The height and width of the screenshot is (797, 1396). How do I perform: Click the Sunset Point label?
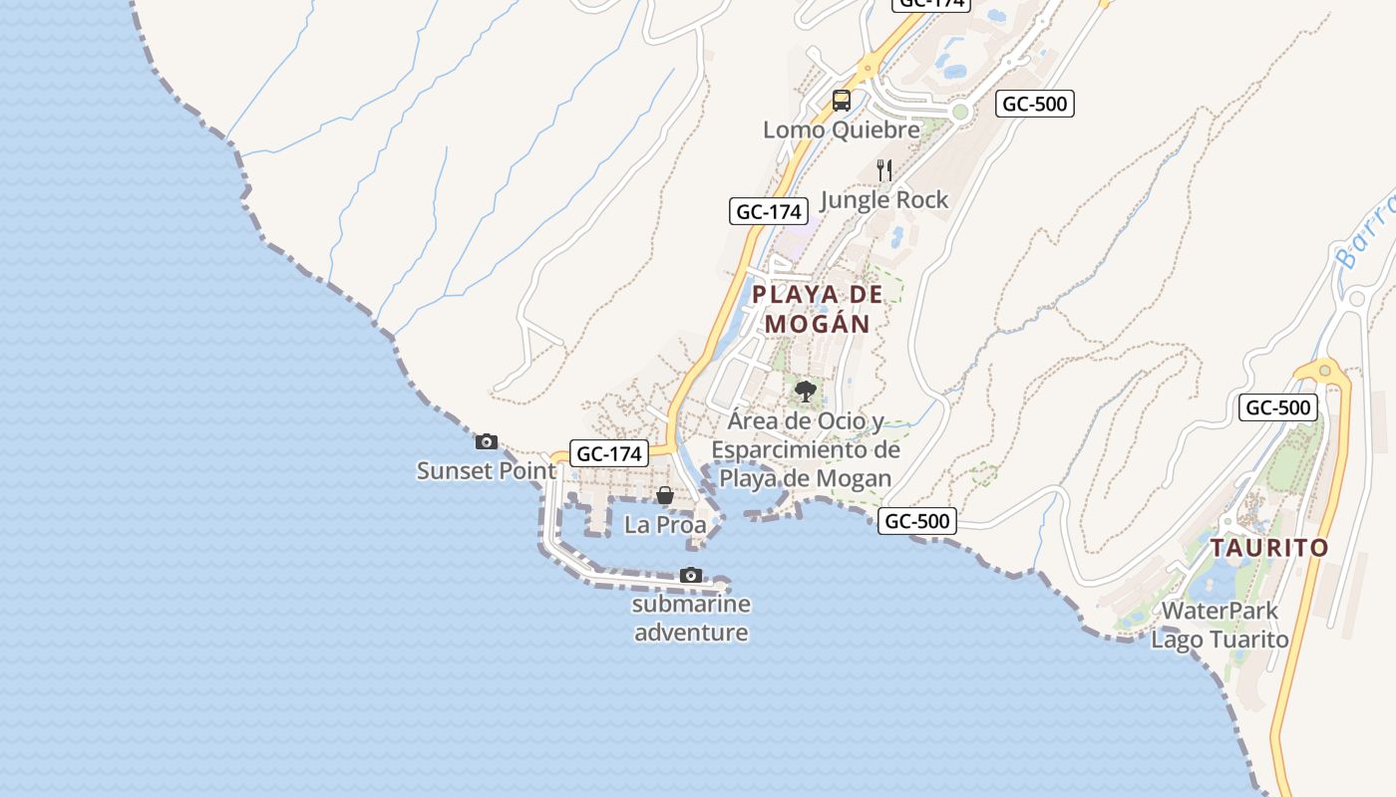click(486, 470)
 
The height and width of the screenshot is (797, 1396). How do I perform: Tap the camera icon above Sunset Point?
click(487, 441)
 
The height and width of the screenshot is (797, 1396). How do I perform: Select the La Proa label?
click(665, 524)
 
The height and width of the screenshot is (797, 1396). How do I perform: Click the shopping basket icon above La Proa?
click(665, 495)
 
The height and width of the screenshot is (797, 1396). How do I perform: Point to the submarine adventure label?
click(691, 618)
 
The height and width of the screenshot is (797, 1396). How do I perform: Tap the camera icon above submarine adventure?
click(690, 575)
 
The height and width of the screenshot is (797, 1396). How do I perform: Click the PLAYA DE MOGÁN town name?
click(818, 309)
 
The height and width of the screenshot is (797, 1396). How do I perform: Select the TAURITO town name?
click(1269, 548)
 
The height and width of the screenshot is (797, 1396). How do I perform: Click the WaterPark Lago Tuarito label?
click(1220, 625)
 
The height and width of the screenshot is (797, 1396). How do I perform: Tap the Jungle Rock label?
click(883, 200)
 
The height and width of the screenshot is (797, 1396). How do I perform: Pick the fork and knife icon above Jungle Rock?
click(883, 169)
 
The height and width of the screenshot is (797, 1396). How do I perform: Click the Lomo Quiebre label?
click(842, 130)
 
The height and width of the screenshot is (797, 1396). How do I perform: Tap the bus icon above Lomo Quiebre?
click(842, 100)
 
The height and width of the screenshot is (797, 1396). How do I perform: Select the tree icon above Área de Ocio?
click(806, 392)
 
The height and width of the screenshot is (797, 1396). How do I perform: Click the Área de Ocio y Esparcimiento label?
click(806, 449)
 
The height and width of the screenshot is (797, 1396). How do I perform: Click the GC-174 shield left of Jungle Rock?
click(768, 211)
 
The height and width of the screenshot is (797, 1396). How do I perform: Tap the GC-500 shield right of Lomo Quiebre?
click(1035, 104)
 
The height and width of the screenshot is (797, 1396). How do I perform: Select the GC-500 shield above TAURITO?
click(1278, 407)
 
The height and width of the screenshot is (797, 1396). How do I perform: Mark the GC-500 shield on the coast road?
click(917, 520)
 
